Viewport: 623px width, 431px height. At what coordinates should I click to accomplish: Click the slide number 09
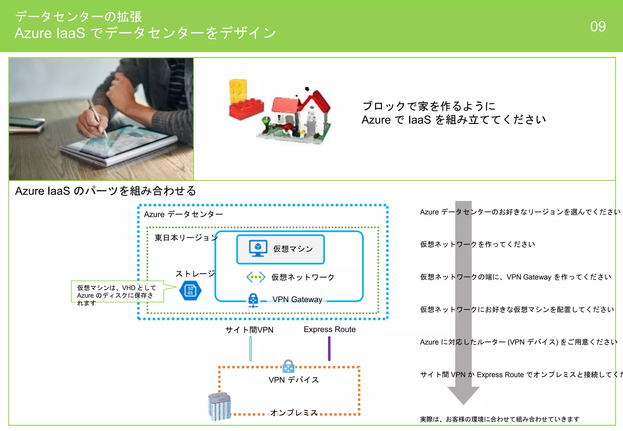(x=598, y=26)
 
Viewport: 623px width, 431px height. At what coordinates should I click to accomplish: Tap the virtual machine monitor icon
(x=258, y=248)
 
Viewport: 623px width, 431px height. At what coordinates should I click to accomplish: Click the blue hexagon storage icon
(x=190, y=291)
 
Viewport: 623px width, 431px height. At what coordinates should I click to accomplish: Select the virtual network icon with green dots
(x=256, y=277)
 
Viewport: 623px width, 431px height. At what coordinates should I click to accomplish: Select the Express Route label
(x=329, y=329)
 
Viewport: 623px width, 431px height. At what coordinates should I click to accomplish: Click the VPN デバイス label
(x=294, y=380)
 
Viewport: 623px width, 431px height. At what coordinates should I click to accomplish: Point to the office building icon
(x=219, y=406)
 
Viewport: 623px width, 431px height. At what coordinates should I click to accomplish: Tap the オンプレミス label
(x=294, y=412)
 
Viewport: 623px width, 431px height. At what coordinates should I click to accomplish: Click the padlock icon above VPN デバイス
(x=288, y=366)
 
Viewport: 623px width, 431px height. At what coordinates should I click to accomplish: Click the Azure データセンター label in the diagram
(x=183, y=214)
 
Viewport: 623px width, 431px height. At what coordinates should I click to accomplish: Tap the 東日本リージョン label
(x=186, y=238)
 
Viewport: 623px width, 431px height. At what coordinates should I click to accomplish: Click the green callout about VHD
(x=117, y=292)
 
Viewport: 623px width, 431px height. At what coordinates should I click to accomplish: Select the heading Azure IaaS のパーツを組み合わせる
(x=106, y=191)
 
